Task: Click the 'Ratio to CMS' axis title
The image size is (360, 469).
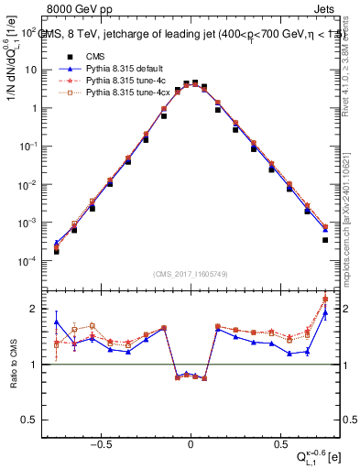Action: point(11,365)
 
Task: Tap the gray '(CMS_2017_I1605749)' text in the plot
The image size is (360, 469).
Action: point(191,274)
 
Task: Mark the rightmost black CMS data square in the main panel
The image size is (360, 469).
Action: point(325,240)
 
